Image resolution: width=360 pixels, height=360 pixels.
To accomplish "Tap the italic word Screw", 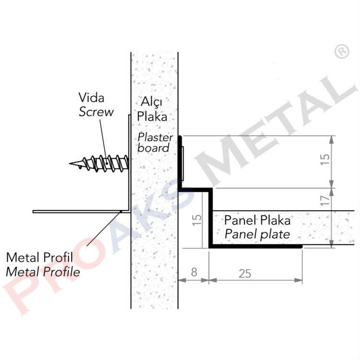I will coord(96,112).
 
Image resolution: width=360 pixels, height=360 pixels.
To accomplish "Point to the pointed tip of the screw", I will coord(71,165).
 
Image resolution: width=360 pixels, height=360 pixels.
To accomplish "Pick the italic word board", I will coord(154,148).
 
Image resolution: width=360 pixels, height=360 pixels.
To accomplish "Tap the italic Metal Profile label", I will coord(43,272).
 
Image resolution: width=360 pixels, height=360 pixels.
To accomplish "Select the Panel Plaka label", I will coord(257,221).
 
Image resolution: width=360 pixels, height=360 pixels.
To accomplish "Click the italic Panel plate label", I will coord(257,234).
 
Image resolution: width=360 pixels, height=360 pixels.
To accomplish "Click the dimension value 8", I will coord(193,272).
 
